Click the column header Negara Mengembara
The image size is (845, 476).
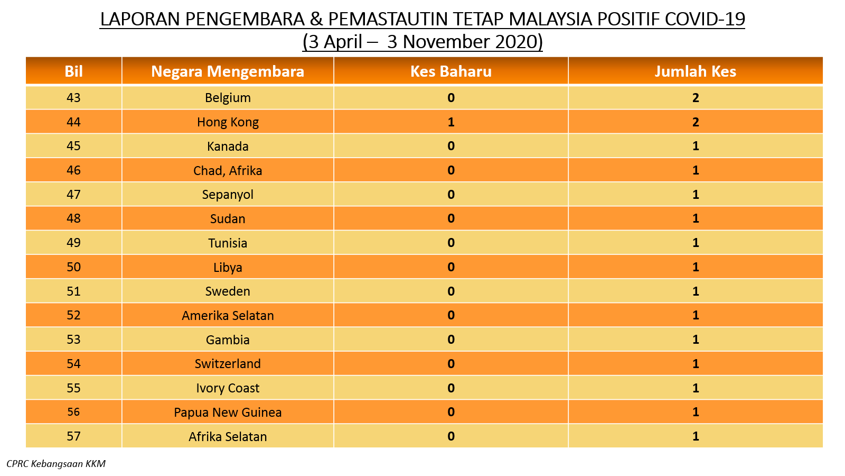pyautogui.click(x=228, y=71)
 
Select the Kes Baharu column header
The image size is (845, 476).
pyautogui.click(x=451, y=71)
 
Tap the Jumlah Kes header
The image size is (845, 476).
pyautogui.click(x=695, y=71)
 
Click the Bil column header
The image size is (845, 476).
pyautogui.click(x=73, y=71)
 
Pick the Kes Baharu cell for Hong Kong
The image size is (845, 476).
pyautogui.click(x=451, y=122)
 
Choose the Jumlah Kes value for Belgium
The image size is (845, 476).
pyautogui.click(x=696, y=98)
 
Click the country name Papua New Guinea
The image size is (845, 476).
pyautogui.click(x=228, y=412)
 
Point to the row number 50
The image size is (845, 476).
pyautogui.click(x=73, y=267)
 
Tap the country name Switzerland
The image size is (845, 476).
pyautogui.click(x=228, y=364)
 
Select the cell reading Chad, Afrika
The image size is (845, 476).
pyautogui.click(x=228, y=171)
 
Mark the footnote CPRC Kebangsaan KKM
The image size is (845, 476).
pyautogui.click(x=56, y=464)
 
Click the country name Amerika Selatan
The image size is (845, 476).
pyautogui.click(x=228, y=315)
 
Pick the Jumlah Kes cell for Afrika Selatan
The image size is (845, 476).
pyautogui.click(x=696, y=436)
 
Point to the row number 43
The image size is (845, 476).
pyautogui.click(x=73, y=98)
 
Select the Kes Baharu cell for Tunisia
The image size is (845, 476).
pyautogui.click(x=451, y=243)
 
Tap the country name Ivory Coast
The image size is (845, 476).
pyautogui.click(x=228, y=388)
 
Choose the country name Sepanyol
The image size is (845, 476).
pyautogui.click(x=228, y=195)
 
